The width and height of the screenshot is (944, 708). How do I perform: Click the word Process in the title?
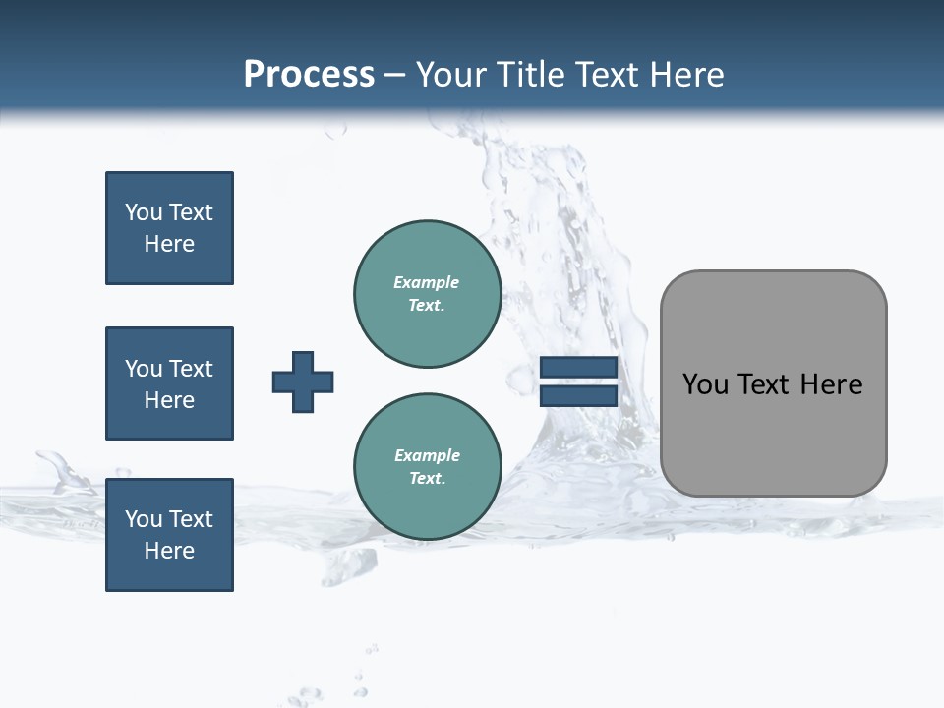[x=309, y=75]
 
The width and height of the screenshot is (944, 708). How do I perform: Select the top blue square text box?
[x=169, y=228]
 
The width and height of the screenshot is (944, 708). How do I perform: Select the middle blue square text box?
[x=169, y=383]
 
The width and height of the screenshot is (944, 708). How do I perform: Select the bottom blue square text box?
[x=169, y=535]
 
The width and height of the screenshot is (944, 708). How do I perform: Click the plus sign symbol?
[x=303, y=382]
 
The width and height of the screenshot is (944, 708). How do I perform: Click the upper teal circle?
[x=428, y=293]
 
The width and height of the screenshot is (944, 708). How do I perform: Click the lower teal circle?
[x=428, y=466]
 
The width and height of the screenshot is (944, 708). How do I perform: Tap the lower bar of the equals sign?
[x=578, y=395]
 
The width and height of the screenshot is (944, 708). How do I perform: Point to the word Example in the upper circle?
[x=426, y=282]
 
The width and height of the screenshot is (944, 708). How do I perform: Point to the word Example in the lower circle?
[x=427, y=455]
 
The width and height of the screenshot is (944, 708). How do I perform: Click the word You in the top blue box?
[x=144, y=212]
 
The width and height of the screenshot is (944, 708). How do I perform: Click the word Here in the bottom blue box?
[x=169, y=551]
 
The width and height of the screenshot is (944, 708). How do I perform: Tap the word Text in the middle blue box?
[x=191, y=369]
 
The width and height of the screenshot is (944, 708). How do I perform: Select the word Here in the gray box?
[x=831, y=384]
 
